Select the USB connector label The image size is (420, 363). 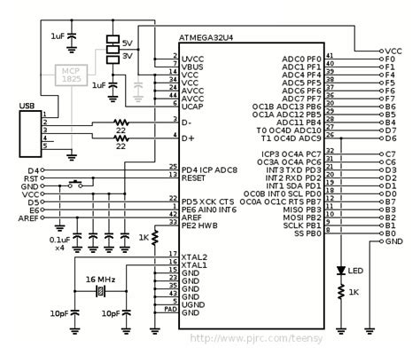click(27, 107)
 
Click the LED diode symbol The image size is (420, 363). click(340, 269)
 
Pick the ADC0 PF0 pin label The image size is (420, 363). click(303, 58)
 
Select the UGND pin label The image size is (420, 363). click(193, 304)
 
